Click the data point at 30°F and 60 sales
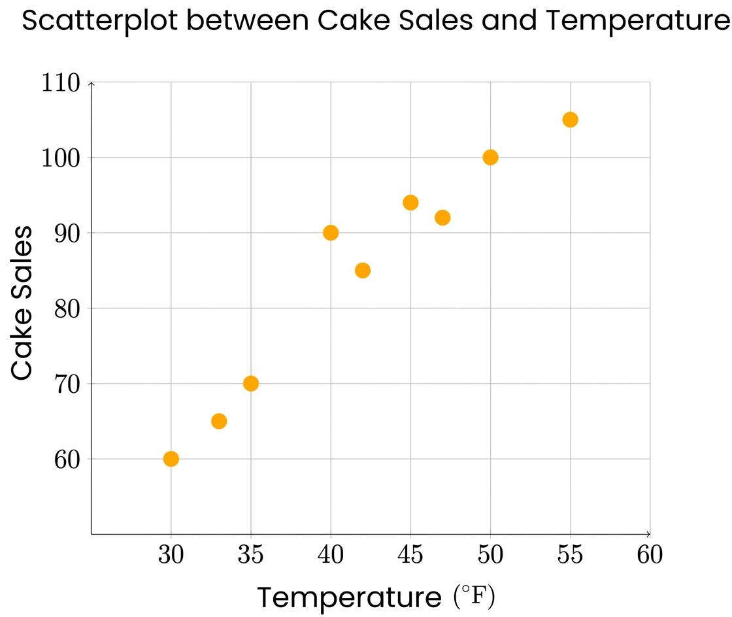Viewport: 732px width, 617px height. point(171,459)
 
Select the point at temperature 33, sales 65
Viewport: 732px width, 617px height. point(219,421)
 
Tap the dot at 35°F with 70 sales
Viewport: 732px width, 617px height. point(251,384)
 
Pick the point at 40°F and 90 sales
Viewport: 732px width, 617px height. point(331,233)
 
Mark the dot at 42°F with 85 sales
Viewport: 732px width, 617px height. point(363,271)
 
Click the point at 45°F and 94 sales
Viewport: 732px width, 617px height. point(410,203)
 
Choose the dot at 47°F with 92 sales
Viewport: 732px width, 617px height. point(442,218)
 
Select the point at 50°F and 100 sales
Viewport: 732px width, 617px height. point(490,158)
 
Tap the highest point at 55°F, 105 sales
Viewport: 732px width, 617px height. point(570,120)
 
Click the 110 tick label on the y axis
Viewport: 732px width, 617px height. point(60,84)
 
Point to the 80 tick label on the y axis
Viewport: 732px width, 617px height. point(66,308)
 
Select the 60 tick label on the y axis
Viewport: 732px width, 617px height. point(66,459)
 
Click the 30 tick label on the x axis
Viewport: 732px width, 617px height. point(171,555)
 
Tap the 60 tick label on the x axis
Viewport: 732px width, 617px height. point(650,555)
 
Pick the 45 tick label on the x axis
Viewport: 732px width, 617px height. point(410,555)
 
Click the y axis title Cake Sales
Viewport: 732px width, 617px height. point(22,303)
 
